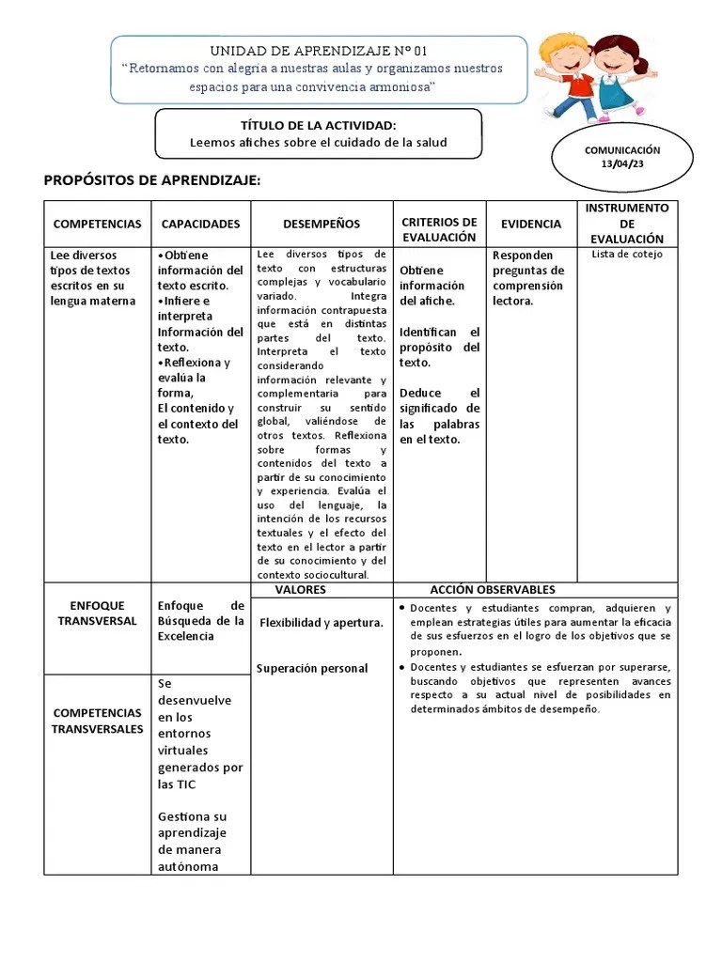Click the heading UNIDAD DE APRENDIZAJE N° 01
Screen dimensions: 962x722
pos(318,51)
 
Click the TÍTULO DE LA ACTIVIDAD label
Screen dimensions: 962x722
pos(318,125)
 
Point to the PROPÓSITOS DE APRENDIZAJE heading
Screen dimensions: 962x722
pos(152,180)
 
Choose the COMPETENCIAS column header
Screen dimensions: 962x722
pos(97,224)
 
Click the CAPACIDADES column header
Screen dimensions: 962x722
pos(200,224)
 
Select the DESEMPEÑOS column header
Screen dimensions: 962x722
pos(322,224)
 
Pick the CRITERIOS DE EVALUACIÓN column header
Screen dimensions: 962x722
pos(439,229)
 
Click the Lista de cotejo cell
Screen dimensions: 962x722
pos(627,255)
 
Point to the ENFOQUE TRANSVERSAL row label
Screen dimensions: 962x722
pos(96,613)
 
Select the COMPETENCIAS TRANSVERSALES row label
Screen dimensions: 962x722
pos(97,721)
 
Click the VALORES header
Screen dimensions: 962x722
pos(300,590)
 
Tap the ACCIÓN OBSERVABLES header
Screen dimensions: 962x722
pos(493,590)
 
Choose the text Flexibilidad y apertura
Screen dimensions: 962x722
pos(321,623)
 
